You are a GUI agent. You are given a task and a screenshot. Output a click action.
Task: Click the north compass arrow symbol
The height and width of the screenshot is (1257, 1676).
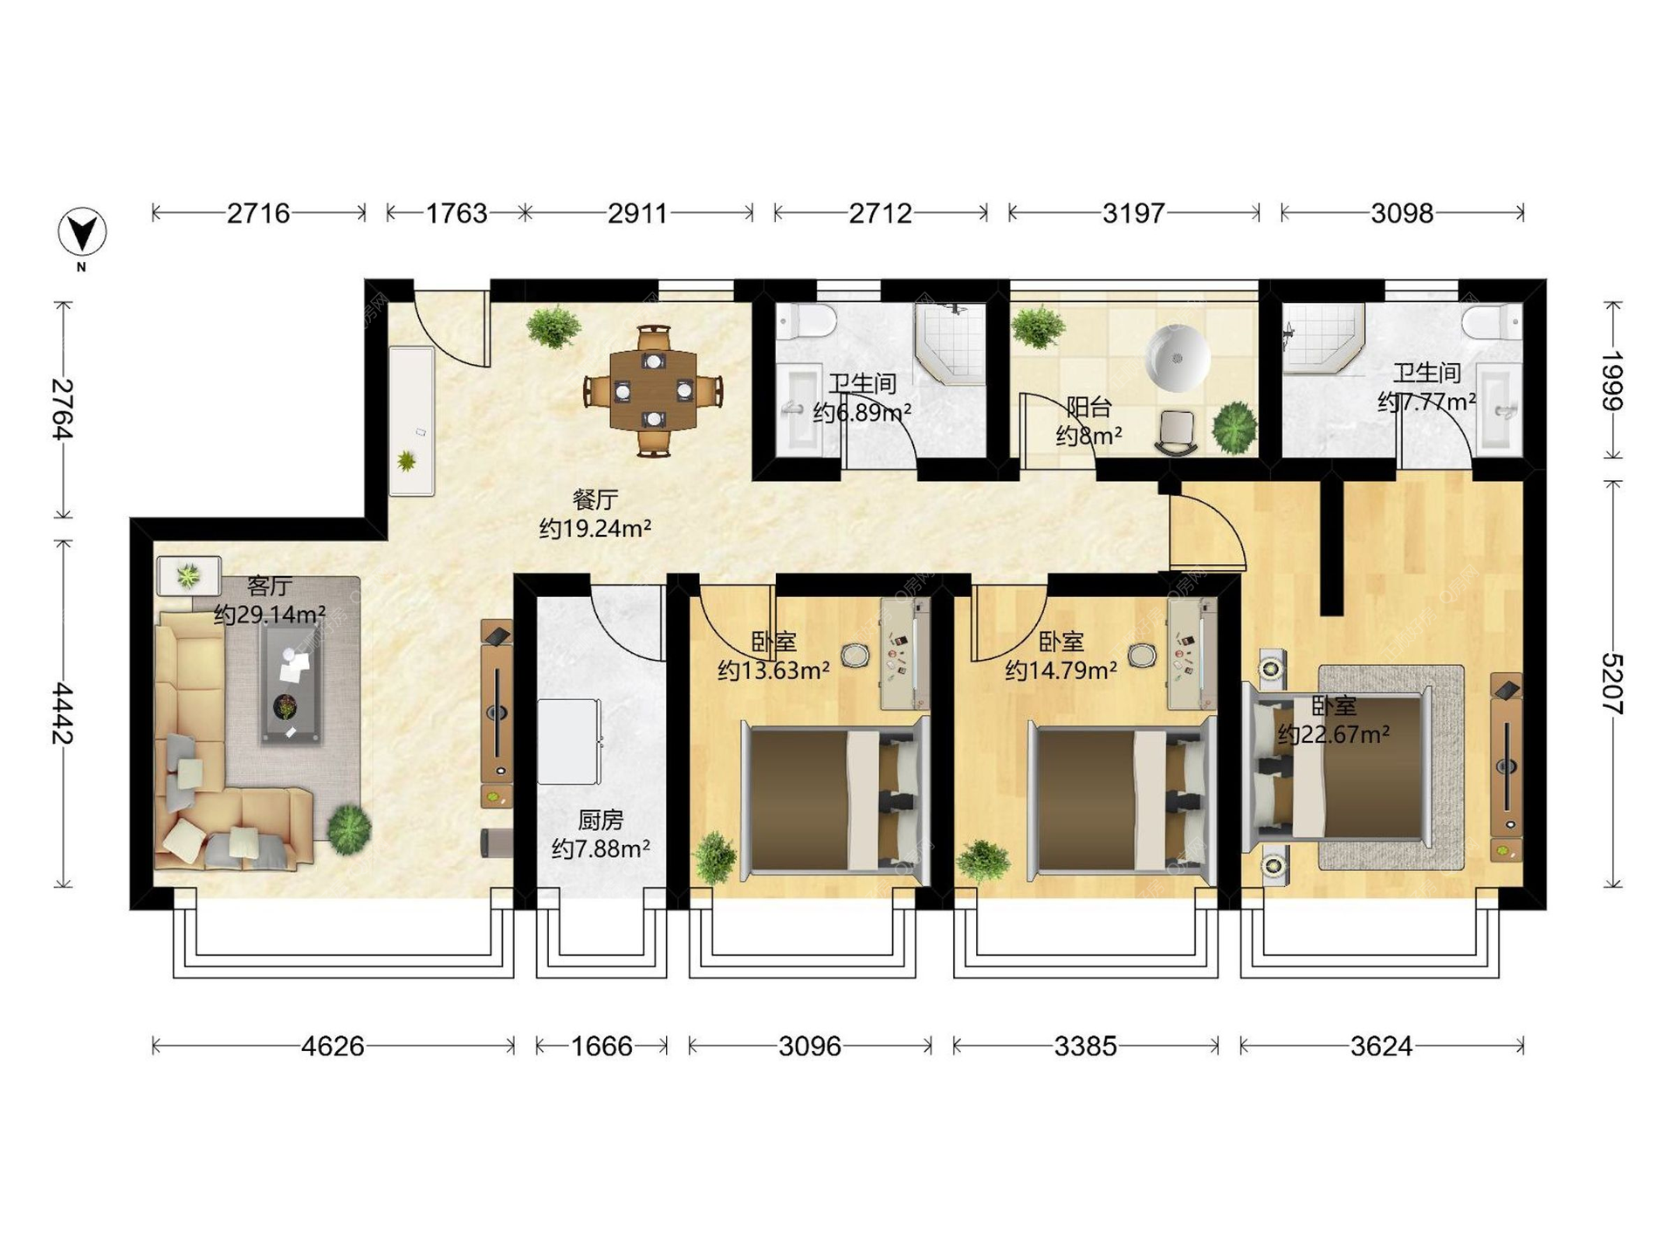[x=82, y=233]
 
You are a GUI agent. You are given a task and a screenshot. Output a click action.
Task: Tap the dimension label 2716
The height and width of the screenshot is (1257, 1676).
[x=258, y=213]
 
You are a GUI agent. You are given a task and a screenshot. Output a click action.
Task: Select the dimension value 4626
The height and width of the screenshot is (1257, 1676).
[x=333, y=1046]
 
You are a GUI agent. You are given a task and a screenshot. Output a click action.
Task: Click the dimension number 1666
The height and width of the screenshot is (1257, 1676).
[x=601, y=1046]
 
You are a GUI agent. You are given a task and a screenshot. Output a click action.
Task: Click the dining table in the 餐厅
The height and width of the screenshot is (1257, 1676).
[x=653, y=390]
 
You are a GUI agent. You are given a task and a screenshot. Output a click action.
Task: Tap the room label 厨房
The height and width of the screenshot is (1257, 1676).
[x=601, y=821]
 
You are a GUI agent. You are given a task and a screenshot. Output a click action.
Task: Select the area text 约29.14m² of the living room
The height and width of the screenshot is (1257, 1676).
[x=270, y=615]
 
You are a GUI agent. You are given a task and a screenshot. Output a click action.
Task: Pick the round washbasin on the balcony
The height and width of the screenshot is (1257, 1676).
[x=1178, y=358]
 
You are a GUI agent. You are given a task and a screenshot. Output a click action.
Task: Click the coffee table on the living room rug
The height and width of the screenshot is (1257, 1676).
[x=291, y=683]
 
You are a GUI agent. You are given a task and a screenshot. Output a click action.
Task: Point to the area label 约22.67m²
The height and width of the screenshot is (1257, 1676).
[x=1334, y=734]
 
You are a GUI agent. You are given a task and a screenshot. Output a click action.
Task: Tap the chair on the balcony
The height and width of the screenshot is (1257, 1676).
[x=1177, y=433]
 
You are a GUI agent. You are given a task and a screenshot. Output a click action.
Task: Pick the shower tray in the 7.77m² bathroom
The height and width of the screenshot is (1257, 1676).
[x=1322, y=339]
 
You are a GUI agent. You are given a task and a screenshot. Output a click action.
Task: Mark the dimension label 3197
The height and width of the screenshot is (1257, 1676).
[x=1133, y=213]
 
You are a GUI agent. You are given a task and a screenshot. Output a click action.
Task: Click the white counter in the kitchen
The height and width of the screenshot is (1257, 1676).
[x=569, y=741]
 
